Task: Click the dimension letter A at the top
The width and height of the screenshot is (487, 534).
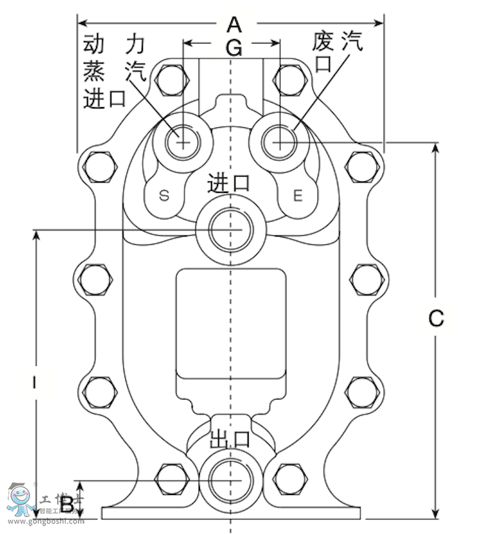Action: (234, 25)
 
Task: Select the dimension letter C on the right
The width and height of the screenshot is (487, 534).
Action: (436, 318)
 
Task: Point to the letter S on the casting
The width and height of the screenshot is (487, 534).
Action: (164, 195)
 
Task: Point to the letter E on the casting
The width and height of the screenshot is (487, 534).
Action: (298, 195)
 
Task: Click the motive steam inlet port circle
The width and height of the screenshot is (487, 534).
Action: (182, 140)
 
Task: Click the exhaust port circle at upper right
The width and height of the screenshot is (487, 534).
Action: (281, 140)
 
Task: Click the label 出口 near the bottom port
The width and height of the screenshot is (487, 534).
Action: (230, 439)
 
